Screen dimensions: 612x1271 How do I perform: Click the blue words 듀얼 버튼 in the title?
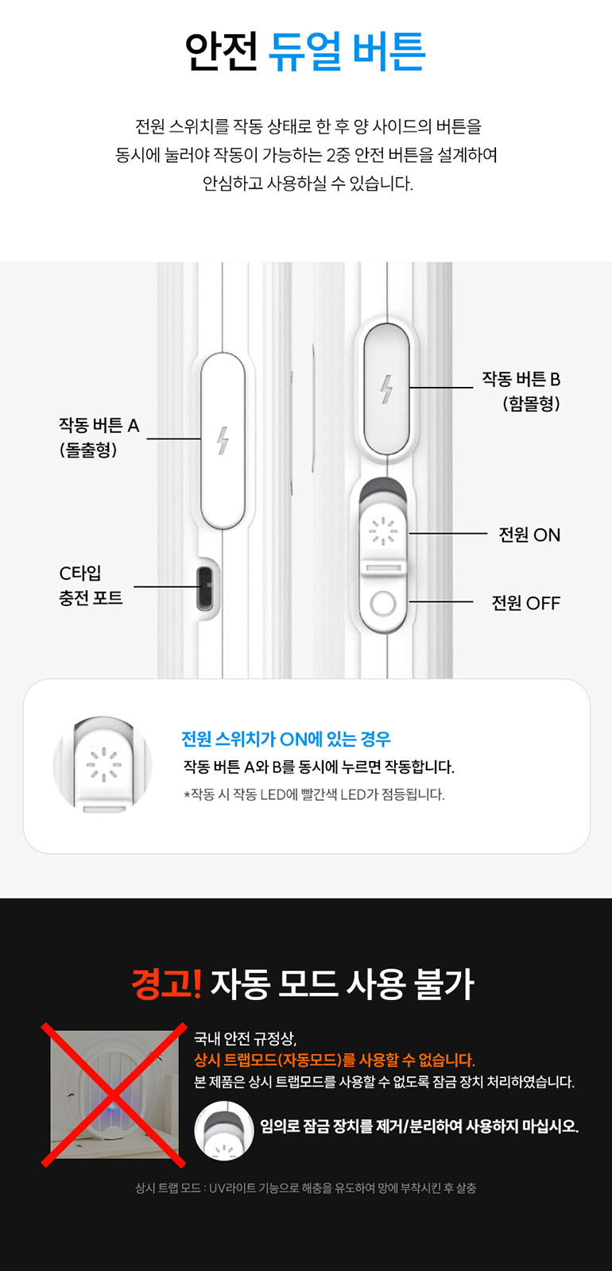(x=347, y=51)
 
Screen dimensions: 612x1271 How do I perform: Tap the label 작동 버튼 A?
(x=99, y=426)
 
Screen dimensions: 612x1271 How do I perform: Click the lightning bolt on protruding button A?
(x=223, y=440)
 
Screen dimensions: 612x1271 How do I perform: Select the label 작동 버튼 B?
(x=521, y=379)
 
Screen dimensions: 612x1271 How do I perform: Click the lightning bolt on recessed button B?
(x=386, y=389)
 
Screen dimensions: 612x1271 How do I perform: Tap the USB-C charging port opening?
(x=204, y=587)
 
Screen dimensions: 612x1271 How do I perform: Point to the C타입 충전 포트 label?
(x=91, y=585)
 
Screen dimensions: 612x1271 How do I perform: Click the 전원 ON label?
(x=529, y=535)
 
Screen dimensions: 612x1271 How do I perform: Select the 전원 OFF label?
(x=525, y=603)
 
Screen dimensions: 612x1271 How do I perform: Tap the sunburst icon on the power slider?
(x=383, y=531)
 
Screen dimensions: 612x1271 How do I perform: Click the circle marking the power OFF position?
(x=383, y=604)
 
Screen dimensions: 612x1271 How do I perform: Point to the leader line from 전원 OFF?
(x=441, y=602)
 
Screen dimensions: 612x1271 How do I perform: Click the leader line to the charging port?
(x=165, y=587)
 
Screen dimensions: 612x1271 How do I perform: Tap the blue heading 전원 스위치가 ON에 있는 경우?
(x=285, y=739)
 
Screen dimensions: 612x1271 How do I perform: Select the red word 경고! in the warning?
(x=166, y=983)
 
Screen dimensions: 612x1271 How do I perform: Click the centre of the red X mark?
(x=114, y=1095)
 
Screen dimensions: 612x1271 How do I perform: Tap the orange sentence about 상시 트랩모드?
(x=335, y=1060)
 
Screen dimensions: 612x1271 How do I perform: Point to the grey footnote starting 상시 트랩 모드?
(x=305, y=1188)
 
